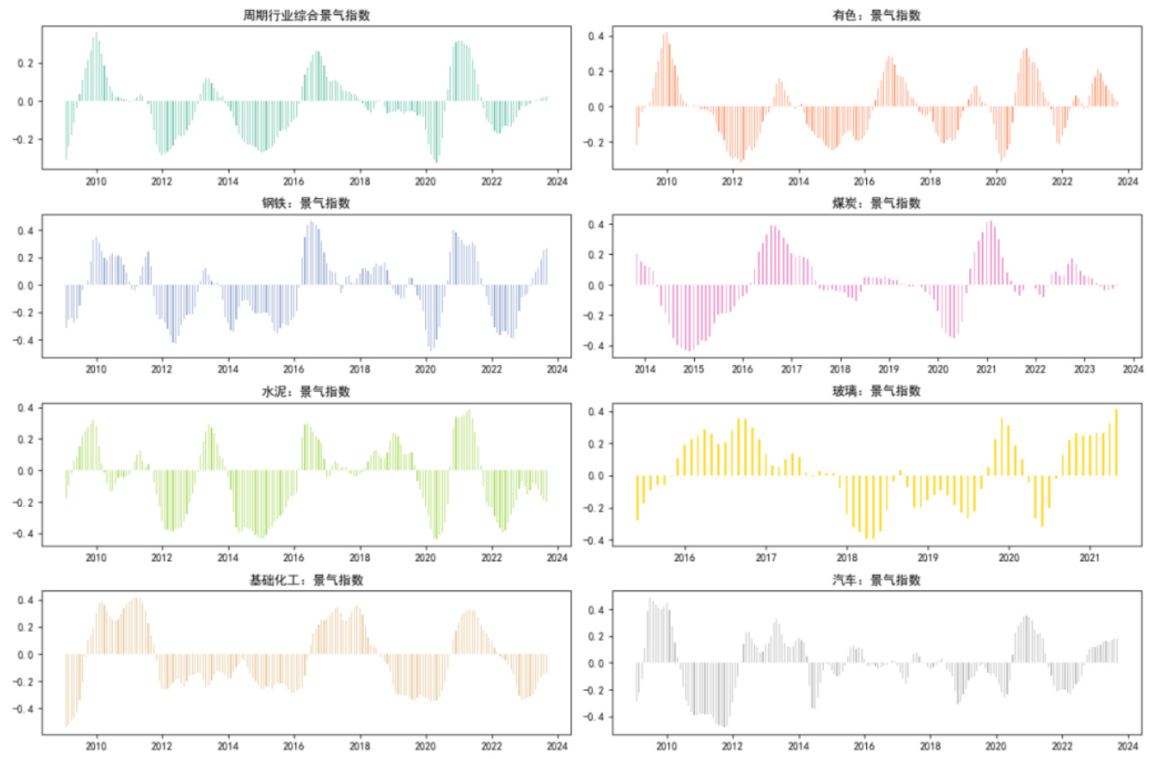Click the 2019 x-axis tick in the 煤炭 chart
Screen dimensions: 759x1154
point(888,369)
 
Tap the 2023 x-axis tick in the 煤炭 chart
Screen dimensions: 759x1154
point(1084,369)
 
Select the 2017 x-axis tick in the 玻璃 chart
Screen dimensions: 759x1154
point(766,557)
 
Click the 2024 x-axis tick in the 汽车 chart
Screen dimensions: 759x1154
point(1129,746)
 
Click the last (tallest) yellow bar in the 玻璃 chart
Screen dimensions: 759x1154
point(1116,442)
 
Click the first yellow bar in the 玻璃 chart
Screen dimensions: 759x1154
point(638,498)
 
